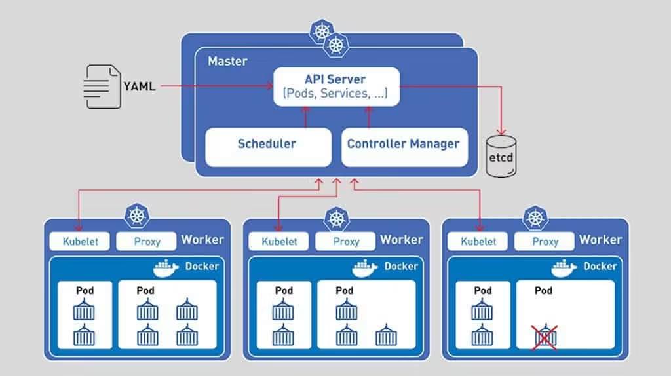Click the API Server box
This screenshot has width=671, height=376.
click(x=335, y=86)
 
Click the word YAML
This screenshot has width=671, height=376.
click(x=140, y=86)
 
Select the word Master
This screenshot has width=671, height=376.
click(x=227, y=62)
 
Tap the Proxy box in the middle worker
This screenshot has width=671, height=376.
click(x=346, y=241)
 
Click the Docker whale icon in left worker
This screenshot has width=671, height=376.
click(x=166, y=268)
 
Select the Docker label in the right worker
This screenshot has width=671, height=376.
click(x=600, y=266)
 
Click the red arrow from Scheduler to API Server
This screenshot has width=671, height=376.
click(x=304, y=117)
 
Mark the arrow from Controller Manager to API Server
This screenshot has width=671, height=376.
click(x=368, y=117)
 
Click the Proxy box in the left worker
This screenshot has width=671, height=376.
click(x=147, y=241)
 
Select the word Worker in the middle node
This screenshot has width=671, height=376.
click(x=401, y=240)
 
